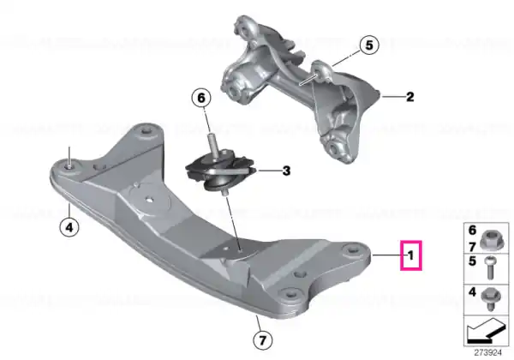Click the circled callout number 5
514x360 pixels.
[369, 45]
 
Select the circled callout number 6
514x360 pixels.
[201, 98]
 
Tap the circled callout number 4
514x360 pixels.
[69, 227]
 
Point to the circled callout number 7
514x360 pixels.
[263, 340]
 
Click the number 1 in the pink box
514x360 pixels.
[410, 255]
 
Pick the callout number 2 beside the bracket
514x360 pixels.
[409, 97]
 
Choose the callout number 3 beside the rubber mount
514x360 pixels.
[286, 171]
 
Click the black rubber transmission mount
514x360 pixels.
[220, 171]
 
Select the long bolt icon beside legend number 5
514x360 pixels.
[490, 268]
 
